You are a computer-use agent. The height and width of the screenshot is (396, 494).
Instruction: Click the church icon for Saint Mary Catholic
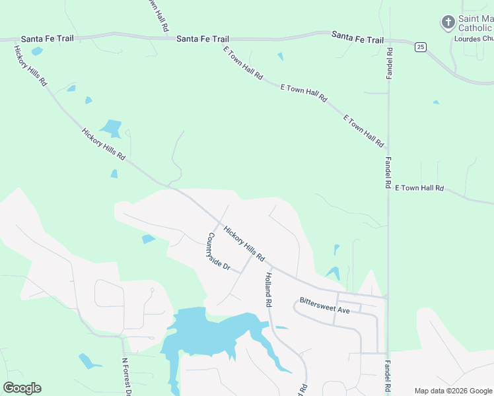click(x=448, y=23)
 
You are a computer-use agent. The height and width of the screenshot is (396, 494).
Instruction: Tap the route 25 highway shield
click(x=420, y=47)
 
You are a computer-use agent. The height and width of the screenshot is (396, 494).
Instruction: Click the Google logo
click(x=22, y=388)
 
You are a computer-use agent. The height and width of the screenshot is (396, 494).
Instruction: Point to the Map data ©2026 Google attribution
click(x=453, y=391)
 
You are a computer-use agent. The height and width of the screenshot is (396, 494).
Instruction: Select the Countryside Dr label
click(x=217, y=251)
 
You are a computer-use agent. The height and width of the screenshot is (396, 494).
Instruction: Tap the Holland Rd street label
click(x=269, y=290)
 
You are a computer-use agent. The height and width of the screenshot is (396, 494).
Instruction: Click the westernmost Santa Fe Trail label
click(x=47, y=39)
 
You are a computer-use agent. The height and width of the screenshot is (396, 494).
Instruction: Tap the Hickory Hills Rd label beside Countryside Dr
click(x=244, y=244)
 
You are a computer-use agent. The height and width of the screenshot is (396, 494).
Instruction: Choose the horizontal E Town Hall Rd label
click(x=419, y=188)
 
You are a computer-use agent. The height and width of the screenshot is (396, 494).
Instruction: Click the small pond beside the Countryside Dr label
click(x=148, y=238)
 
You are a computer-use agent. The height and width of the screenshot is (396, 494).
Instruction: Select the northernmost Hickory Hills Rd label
click(x=30, y=65)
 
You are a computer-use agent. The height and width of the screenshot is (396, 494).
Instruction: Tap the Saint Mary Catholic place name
click(x=475, y=23)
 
